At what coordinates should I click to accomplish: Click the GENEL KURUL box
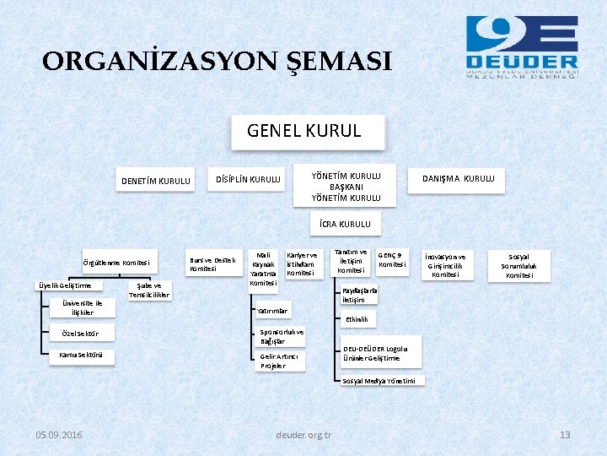(304, 131)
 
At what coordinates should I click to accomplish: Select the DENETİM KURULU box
(156, 180)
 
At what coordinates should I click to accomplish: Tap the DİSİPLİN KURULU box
(248, 179)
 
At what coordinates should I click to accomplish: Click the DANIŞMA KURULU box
(458, 179)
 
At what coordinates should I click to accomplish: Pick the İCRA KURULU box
(346, 224)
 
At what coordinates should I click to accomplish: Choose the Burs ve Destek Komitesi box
(212, 264)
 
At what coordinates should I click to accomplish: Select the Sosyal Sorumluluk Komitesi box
(518, 265)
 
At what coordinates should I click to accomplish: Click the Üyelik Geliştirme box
(64, 285)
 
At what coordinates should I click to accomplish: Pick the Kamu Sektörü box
(82, 355)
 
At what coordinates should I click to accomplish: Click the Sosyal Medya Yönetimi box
(379, 381)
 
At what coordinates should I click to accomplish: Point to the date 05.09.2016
(59, 435)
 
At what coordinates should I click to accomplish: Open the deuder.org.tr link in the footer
(303, 435)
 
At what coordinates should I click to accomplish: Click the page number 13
(565, 435)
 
